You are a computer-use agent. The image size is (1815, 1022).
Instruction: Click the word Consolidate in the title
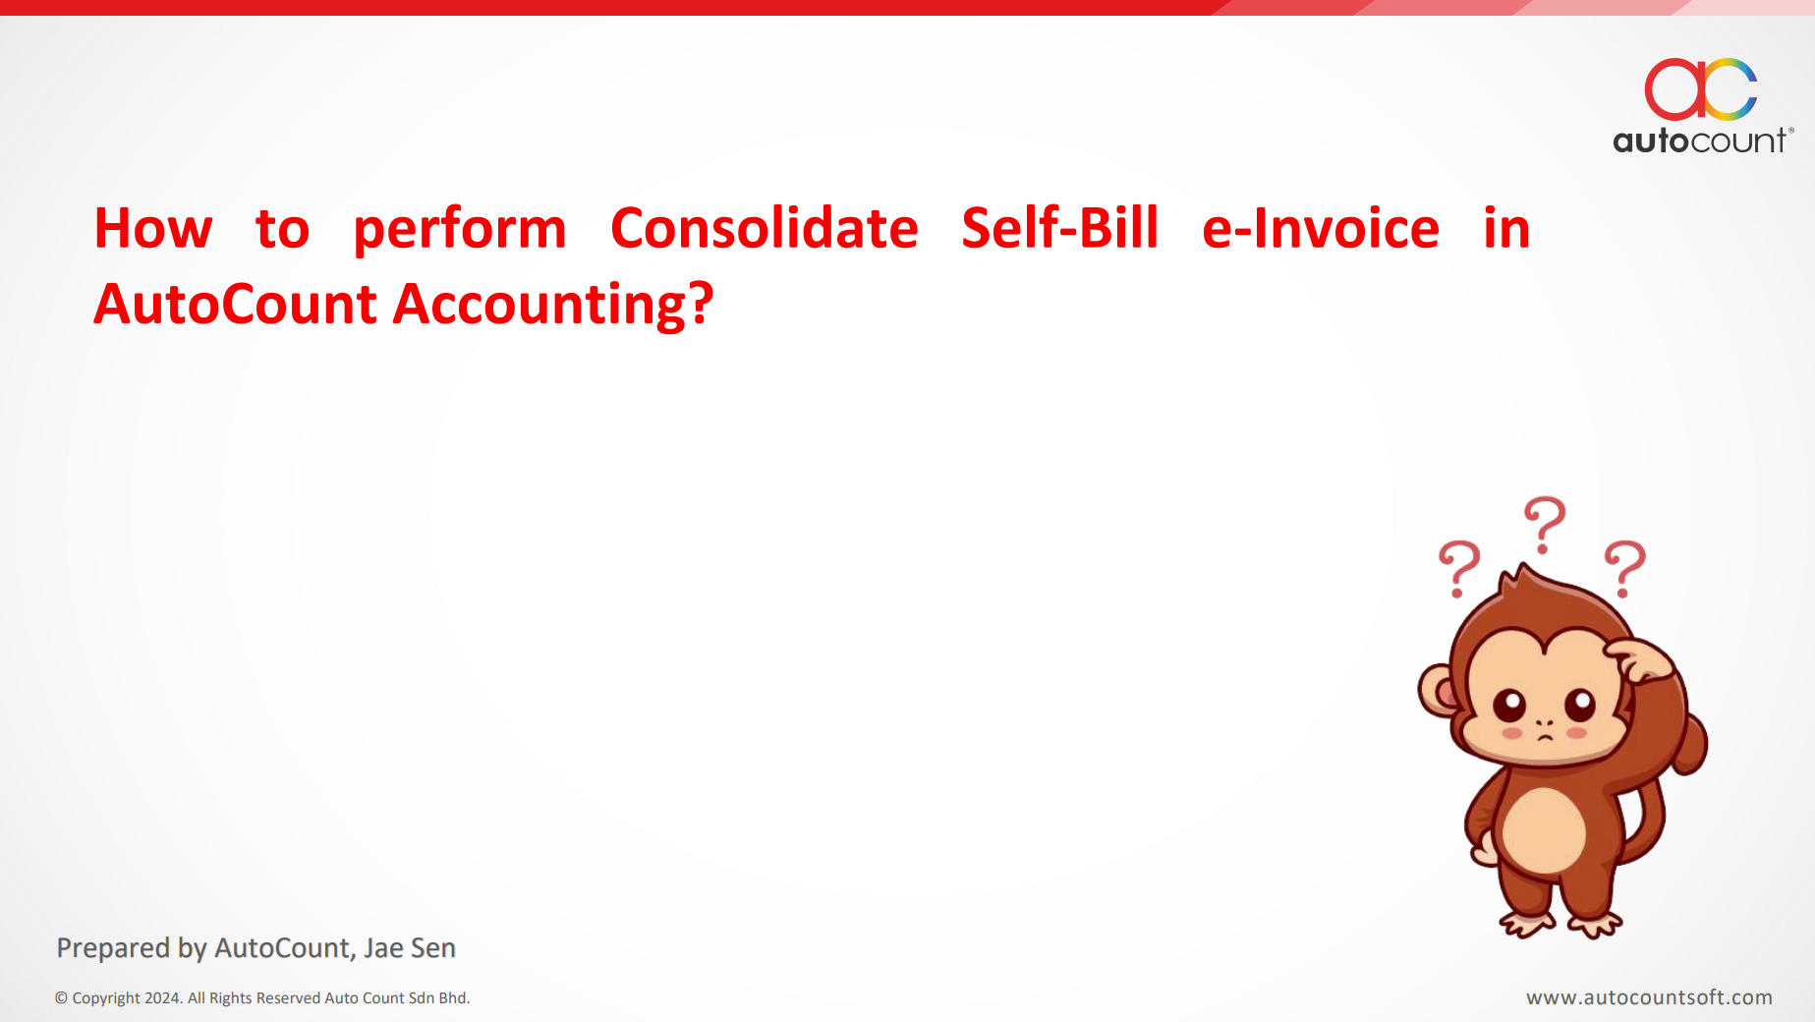(x=765, y=228)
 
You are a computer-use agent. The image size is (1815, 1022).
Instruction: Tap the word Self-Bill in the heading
(x=1060, y=228)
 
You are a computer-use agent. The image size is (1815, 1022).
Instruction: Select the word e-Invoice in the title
(x=1321, y=228)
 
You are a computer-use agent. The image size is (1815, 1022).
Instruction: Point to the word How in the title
(x=153, y=228)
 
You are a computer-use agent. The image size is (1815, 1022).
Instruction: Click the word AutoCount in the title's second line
(x=236, y=304)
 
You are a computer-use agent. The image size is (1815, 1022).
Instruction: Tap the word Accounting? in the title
(x=553, y=306)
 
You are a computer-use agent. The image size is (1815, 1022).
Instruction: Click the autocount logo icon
(x=1701, y=88)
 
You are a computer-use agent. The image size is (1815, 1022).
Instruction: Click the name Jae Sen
(x=410, y=948)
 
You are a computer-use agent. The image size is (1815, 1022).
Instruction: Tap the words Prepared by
(x=132, y=948)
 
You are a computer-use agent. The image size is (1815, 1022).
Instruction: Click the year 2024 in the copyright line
(x=162, y=998)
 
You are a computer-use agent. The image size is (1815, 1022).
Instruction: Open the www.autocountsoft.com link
(x=1649, y=997)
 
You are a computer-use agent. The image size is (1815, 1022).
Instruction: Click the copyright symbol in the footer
(x=61, y=998)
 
